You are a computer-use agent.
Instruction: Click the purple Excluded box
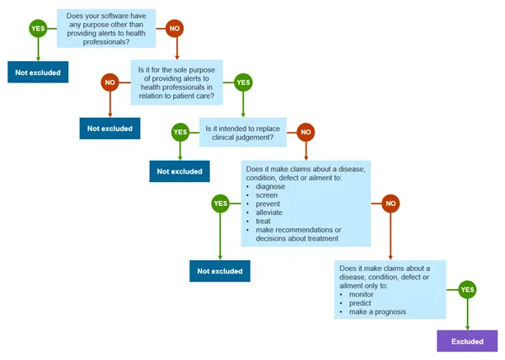[x=466, y=340]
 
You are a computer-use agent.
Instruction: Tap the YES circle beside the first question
[x=38, y=28]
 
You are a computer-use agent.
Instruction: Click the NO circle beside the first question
[x=174, y=28]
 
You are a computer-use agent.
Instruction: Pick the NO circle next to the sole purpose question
[x=110, y=82]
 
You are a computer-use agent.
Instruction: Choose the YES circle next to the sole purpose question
[x=243, y=82]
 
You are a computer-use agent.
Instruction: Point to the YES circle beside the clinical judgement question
[x=180, y=132]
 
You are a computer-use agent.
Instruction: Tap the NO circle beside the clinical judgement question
[x=306, y=132]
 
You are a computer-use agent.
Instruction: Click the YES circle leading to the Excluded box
[x=467, y=289]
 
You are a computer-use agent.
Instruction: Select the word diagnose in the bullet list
[x=270, y=186]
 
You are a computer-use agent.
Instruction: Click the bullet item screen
[x=267, y=195]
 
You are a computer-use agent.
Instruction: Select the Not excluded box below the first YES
[x=38, y=72]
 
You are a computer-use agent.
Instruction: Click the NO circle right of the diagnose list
[x=390, y=203]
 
